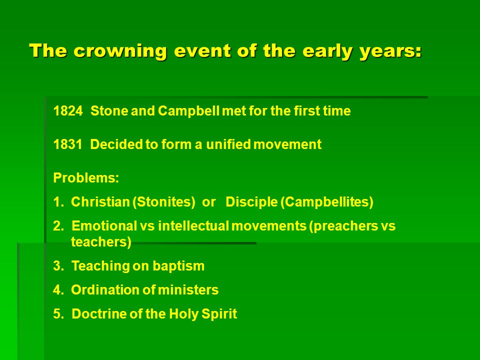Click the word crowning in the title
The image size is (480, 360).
point(120,51)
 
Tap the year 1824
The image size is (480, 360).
point(68,111)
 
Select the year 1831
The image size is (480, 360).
point(68,144)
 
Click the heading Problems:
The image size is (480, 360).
point(86,177)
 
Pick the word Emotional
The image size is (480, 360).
point(104,226)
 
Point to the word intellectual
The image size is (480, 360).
point(193,226)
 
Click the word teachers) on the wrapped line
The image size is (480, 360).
point(101,242)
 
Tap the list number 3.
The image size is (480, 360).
point(58,265)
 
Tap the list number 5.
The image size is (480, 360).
point(58,314)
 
